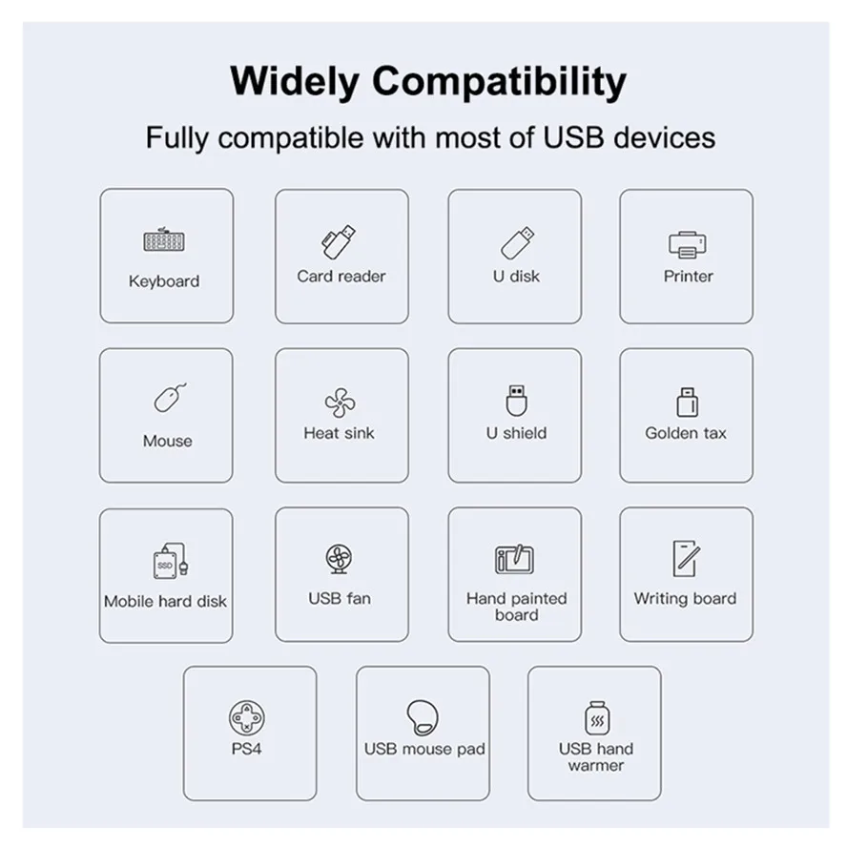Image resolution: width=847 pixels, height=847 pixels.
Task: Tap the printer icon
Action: point(687,244)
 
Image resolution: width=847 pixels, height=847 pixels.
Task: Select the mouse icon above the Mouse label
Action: point(169,398)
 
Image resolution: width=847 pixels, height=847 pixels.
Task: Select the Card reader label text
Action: point(341,277)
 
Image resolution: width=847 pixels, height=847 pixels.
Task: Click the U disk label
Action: point(516,277)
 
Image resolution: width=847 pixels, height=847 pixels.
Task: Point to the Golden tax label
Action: point(686,433)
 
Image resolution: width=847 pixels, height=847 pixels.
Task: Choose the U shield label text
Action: point(516,433)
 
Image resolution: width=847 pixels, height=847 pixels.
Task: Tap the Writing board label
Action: point(685,599)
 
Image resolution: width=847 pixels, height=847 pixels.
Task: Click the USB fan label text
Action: point(340,599)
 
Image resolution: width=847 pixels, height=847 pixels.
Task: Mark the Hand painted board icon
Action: point(515,560)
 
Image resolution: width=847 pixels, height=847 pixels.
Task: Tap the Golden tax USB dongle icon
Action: point(686,402)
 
